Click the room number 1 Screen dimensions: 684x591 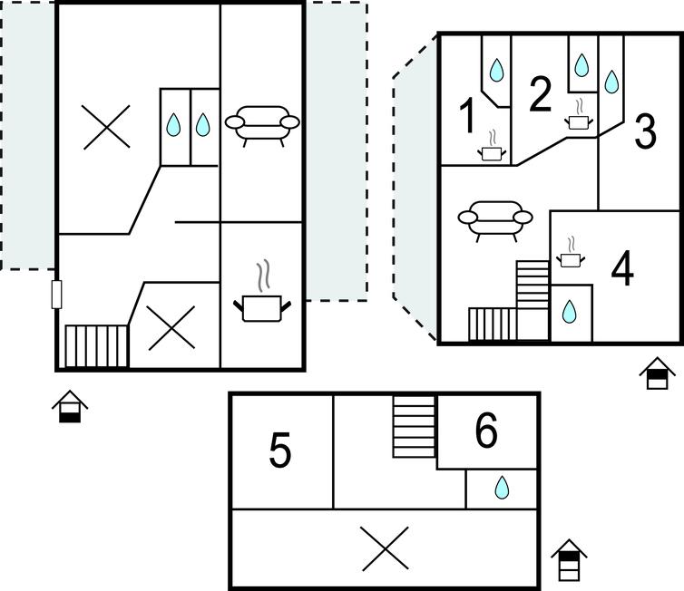467,115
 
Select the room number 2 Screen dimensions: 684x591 540,93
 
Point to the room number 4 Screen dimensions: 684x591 622,268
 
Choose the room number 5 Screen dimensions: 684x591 279,451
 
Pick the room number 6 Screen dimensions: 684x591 486,431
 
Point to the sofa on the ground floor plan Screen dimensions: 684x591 262,125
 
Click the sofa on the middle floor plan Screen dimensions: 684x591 495,221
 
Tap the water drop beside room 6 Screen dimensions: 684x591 502,488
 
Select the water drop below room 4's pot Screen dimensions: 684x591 569,312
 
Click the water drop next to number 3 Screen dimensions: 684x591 611,82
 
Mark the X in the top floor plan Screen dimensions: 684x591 386,548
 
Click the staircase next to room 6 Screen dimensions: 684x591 415,426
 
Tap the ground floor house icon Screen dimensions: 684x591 70,407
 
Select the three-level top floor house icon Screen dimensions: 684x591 569,560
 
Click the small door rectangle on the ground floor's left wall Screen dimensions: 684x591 57,295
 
